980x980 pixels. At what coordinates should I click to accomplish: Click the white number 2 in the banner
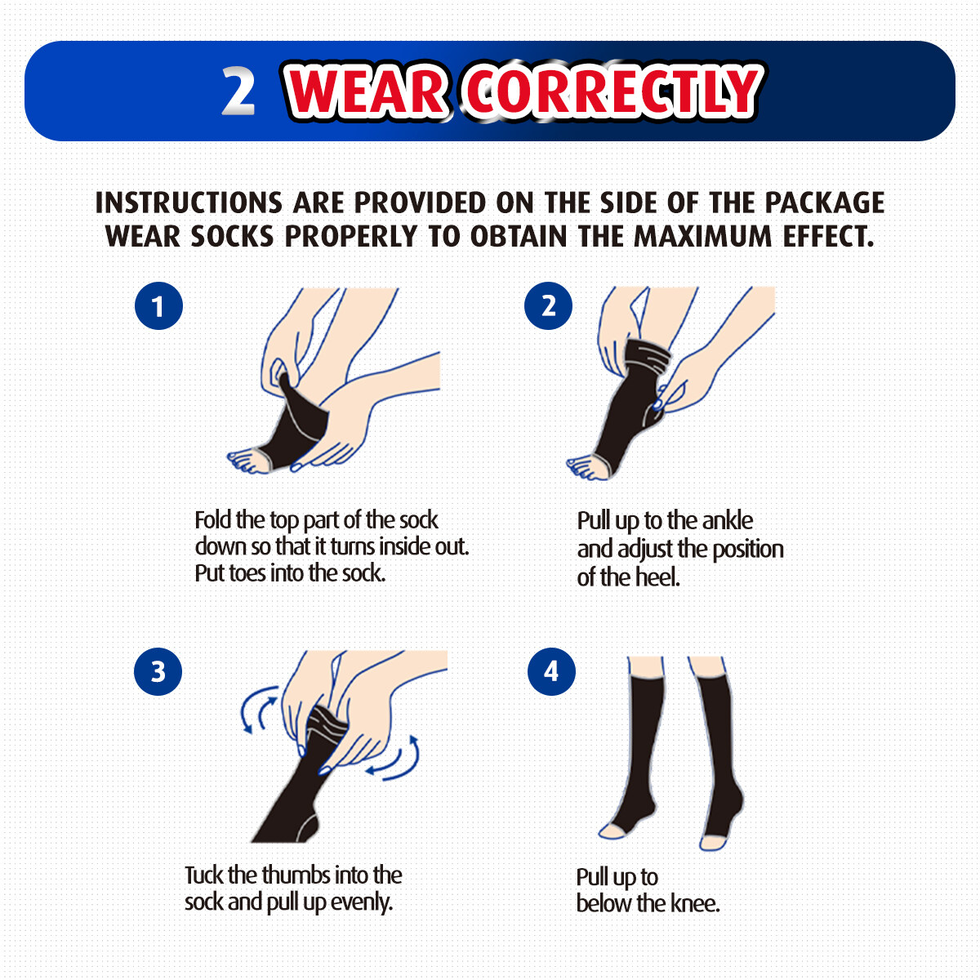click(x=238, y=91)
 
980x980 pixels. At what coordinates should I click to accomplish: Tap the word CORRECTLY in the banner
click(x=611, y=92)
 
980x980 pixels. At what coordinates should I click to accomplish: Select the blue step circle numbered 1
click(x=158, y=305)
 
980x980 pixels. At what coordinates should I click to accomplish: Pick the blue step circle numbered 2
click(x=548, y=305)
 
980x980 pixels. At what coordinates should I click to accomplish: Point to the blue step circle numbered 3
click(x=158, y=671)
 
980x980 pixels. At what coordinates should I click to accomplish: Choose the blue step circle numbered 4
click(x=550, y=671)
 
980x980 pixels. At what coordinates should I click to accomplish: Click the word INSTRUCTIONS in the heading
click(x=188, y=203)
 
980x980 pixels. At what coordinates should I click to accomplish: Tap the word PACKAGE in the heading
click(x=824, y=203)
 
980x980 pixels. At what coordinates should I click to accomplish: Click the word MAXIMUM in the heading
click(x=702, y=237)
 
